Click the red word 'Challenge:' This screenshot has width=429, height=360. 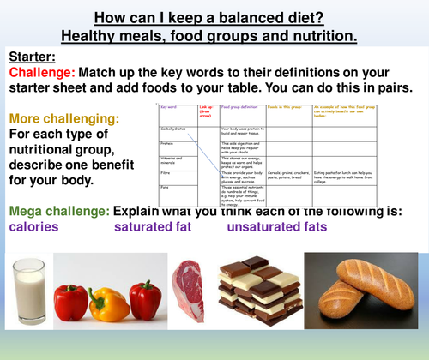(42, 73)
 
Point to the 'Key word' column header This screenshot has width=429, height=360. (169, 109)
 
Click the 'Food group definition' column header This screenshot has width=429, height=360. (239, 109)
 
